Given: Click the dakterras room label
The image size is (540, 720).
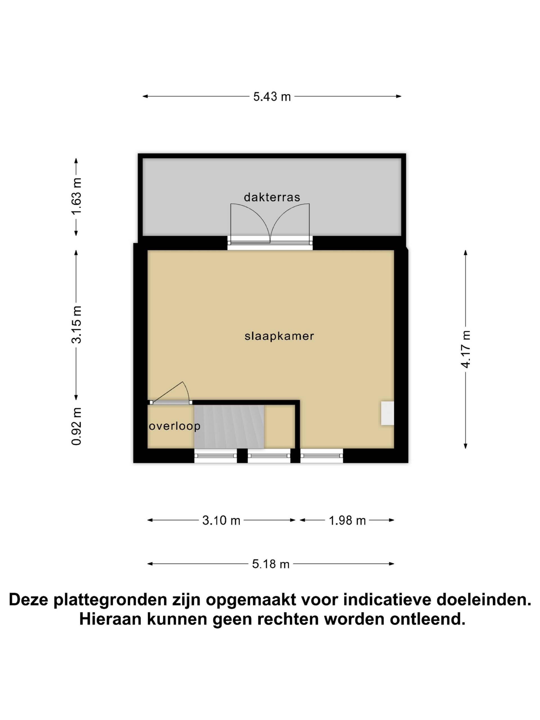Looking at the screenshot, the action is point(272,197).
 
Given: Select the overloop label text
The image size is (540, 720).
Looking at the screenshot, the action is point(174,426).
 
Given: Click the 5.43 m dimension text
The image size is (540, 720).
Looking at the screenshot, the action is point(272,97).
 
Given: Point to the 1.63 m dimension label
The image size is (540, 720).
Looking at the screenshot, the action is point(76,197).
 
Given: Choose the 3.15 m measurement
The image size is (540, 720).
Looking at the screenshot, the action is point(76,325).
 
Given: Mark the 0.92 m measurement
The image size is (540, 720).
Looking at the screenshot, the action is point(76,426).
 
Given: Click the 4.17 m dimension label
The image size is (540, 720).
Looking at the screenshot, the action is point(466,349).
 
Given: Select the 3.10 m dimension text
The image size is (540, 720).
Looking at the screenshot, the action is point(221,521).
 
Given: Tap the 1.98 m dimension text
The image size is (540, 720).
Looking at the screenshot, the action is point(347,521).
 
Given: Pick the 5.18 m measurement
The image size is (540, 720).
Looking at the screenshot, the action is point(271,564).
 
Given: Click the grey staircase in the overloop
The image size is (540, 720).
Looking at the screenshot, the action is point(229,426).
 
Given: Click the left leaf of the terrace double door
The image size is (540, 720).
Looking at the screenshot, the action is point(250,223).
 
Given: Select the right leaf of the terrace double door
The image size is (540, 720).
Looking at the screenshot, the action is point(290,223).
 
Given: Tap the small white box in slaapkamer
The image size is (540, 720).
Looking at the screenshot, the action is point(387,413).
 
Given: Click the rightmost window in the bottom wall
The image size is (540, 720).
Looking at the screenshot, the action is point(321,455).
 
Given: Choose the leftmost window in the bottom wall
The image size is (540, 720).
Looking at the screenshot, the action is point(216,455).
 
